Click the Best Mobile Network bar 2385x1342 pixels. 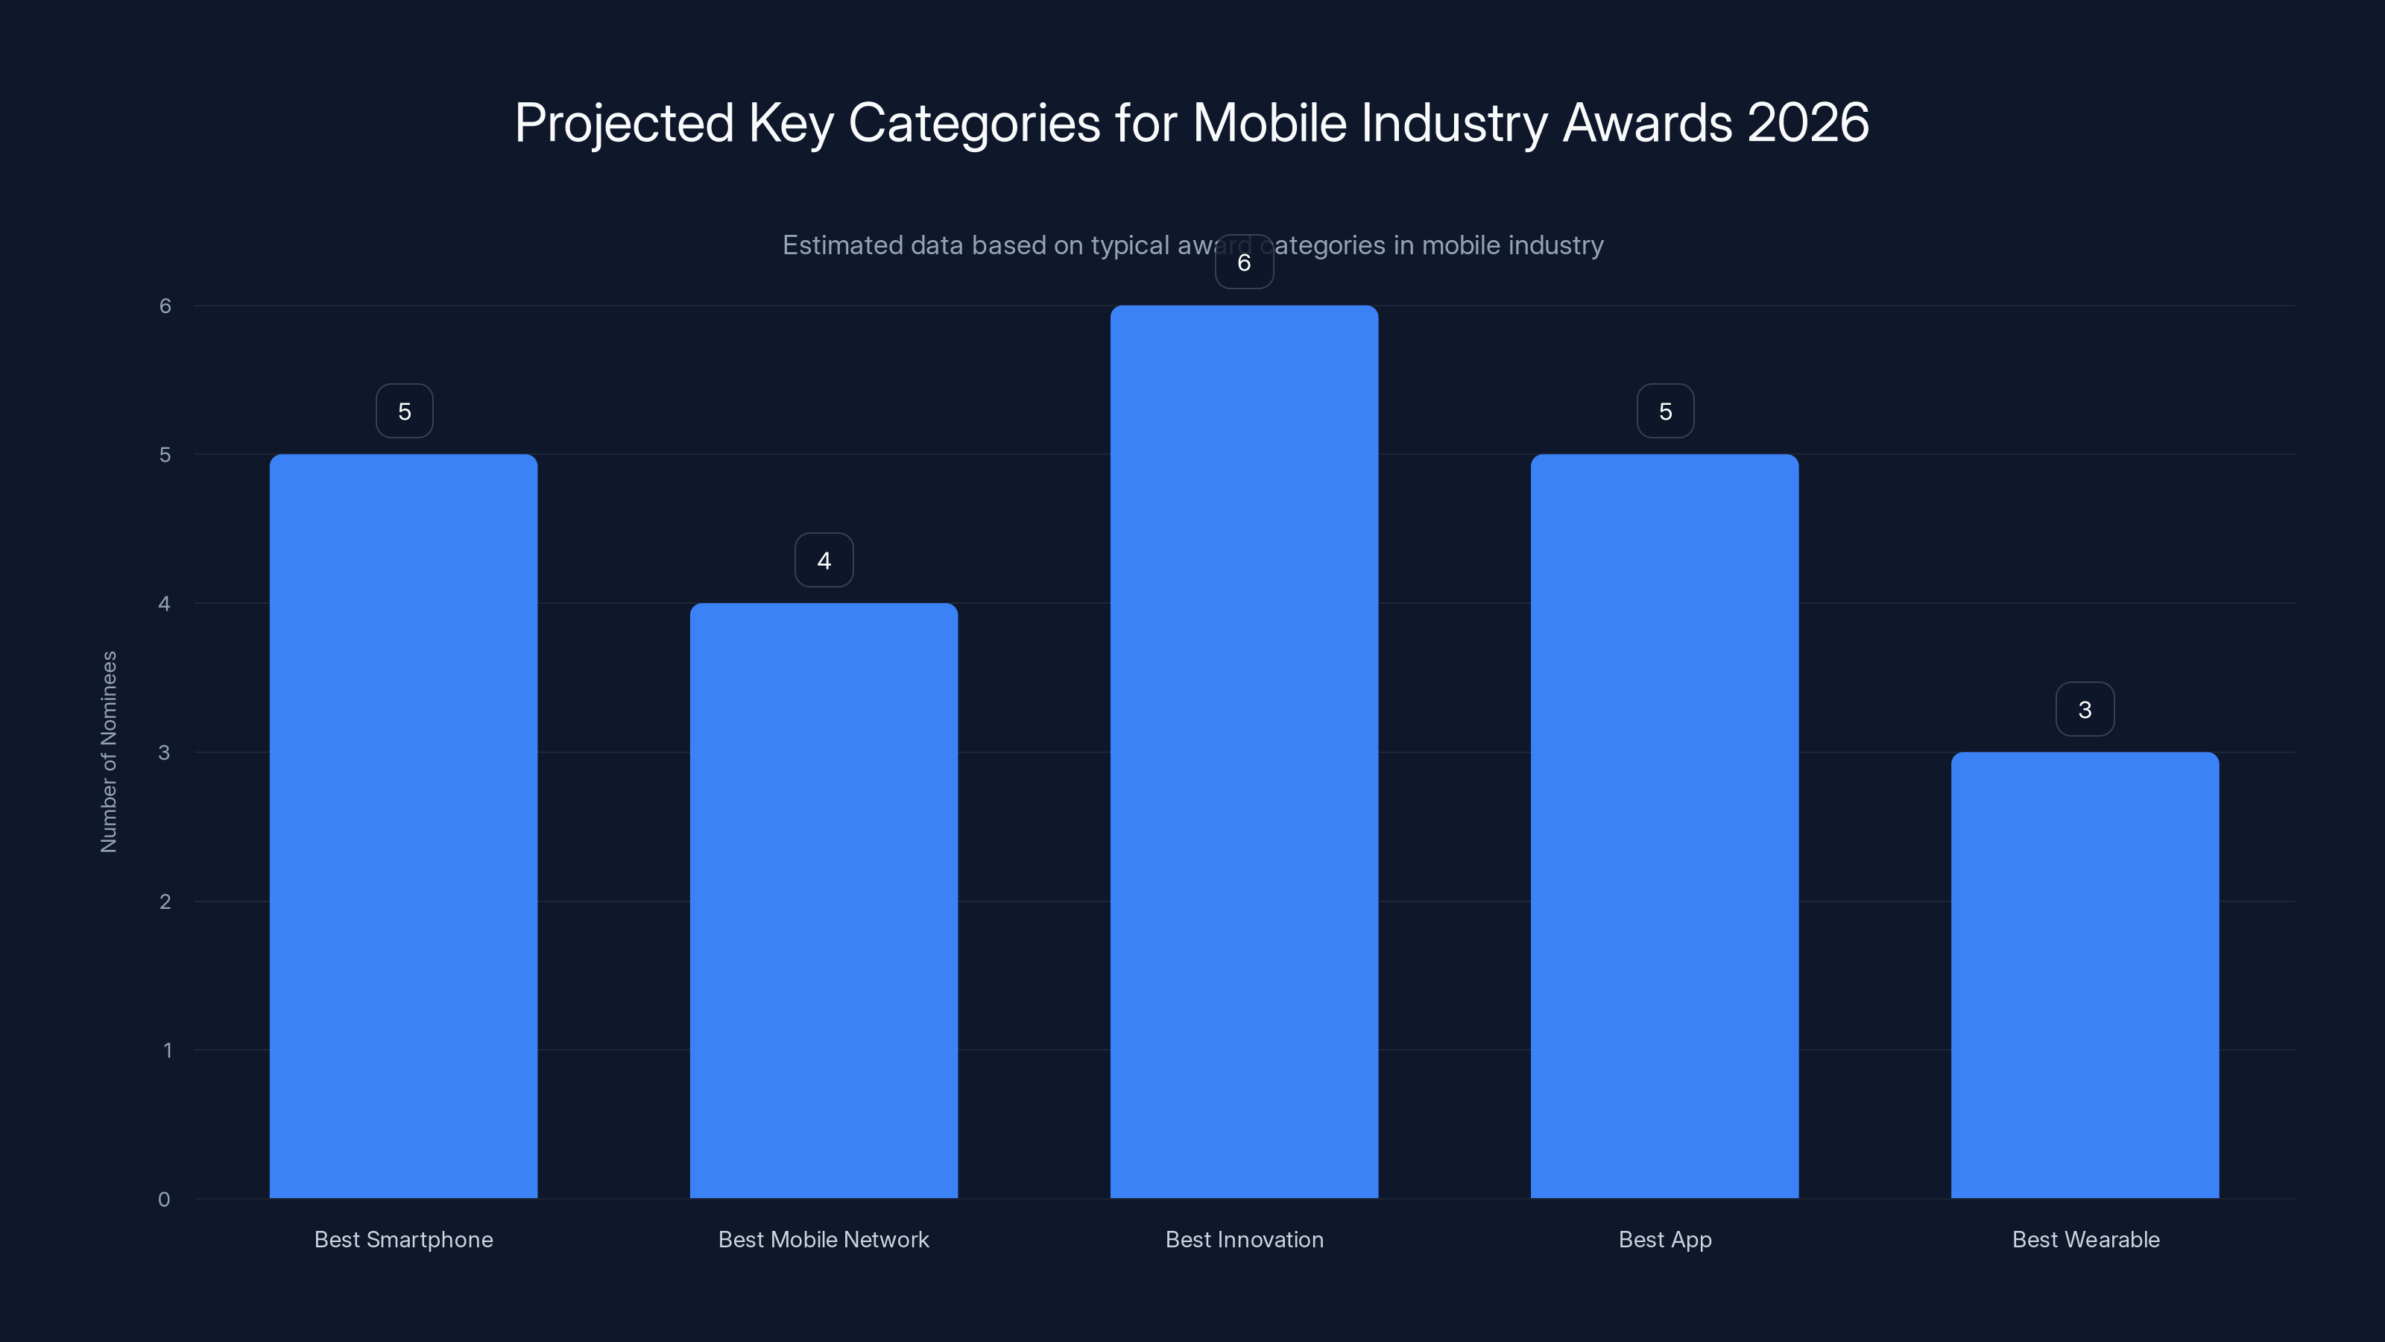tap(823, 900)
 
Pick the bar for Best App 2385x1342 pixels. tap(1664, 826)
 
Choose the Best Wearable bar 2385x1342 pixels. tap(2084, 974)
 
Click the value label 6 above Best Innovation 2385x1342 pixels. tap(1243, 263)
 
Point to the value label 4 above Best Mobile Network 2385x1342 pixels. tap(823, 561)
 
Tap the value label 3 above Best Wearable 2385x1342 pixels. tap(2084, 710)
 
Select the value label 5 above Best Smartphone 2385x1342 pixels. tap(404, 412)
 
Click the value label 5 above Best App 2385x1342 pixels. tap(1665, 412)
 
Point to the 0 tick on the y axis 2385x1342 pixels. tap(164, 1200)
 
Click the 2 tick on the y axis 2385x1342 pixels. tap(165, 901)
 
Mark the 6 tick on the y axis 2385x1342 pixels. tap(165, 306)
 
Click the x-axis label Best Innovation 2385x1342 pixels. tap(1243, 1239)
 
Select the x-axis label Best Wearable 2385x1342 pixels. tap(2085, 1239)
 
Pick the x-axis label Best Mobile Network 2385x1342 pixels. tap(823, 1239)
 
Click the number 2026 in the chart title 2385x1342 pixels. tap(1807, 122)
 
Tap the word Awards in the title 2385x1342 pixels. tap(1647, 122)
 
